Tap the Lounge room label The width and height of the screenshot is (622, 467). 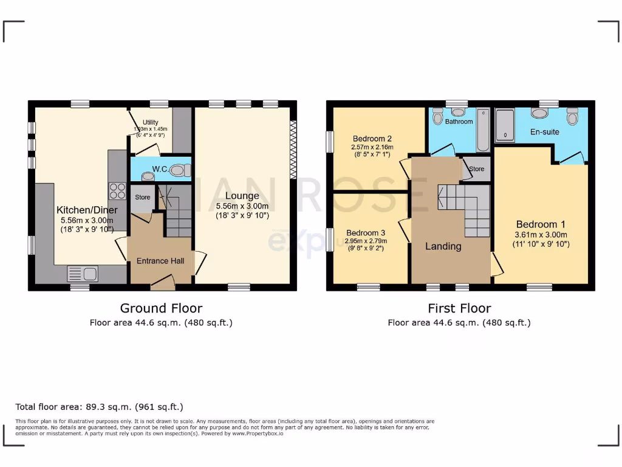click(x=242, y=196)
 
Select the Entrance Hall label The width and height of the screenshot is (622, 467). click(x=160, y=260)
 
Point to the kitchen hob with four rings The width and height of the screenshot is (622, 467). click(x=117, y=191)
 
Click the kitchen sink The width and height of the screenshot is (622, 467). click(x=82, y=274)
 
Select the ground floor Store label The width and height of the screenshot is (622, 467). click(x=142, y=197)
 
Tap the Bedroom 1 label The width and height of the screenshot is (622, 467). click(x=541, y=224)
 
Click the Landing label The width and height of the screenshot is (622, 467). click(x=443, y=246)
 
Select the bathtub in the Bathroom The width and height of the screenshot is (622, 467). click(x=483, y=130)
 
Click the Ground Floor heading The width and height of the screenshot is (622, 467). click(x=161, y=308)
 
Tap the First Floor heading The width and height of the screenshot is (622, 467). click(x=459, y=308)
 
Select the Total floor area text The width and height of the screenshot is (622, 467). click(x=99, y=407)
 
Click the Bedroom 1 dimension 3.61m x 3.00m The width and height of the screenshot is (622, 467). click(x=541, y=235)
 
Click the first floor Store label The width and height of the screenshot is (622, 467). click(x=477, y=168)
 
